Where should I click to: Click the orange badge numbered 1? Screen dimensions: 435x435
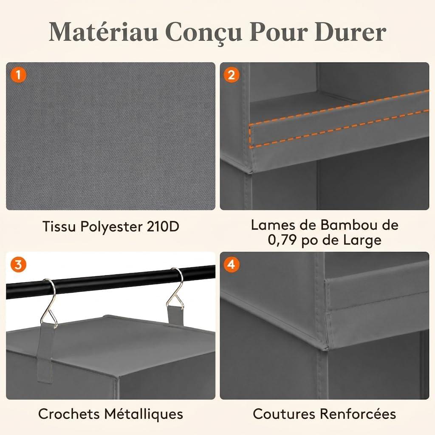coord(19,75)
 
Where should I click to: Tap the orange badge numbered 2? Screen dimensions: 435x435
coord(232,75)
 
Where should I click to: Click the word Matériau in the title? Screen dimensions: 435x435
coord(104,32)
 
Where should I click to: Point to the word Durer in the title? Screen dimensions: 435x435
coord(350,32)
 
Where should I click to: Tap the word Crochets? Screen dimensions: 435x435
coord(69,414)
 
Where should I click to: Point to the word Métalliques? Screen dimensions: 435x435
coord(144,414)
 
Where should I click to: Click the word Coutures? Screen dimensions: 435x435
coord(284,414)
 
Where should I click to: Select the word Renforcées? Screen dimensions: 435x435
coord(358,414)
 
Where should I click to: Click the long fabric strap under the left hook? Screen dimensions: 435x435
coord(45,352)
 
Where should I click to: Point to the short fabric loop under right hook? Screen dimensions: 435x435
coord(175,314)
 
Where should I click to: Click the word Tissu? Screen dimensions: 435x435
coord(59,226)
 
